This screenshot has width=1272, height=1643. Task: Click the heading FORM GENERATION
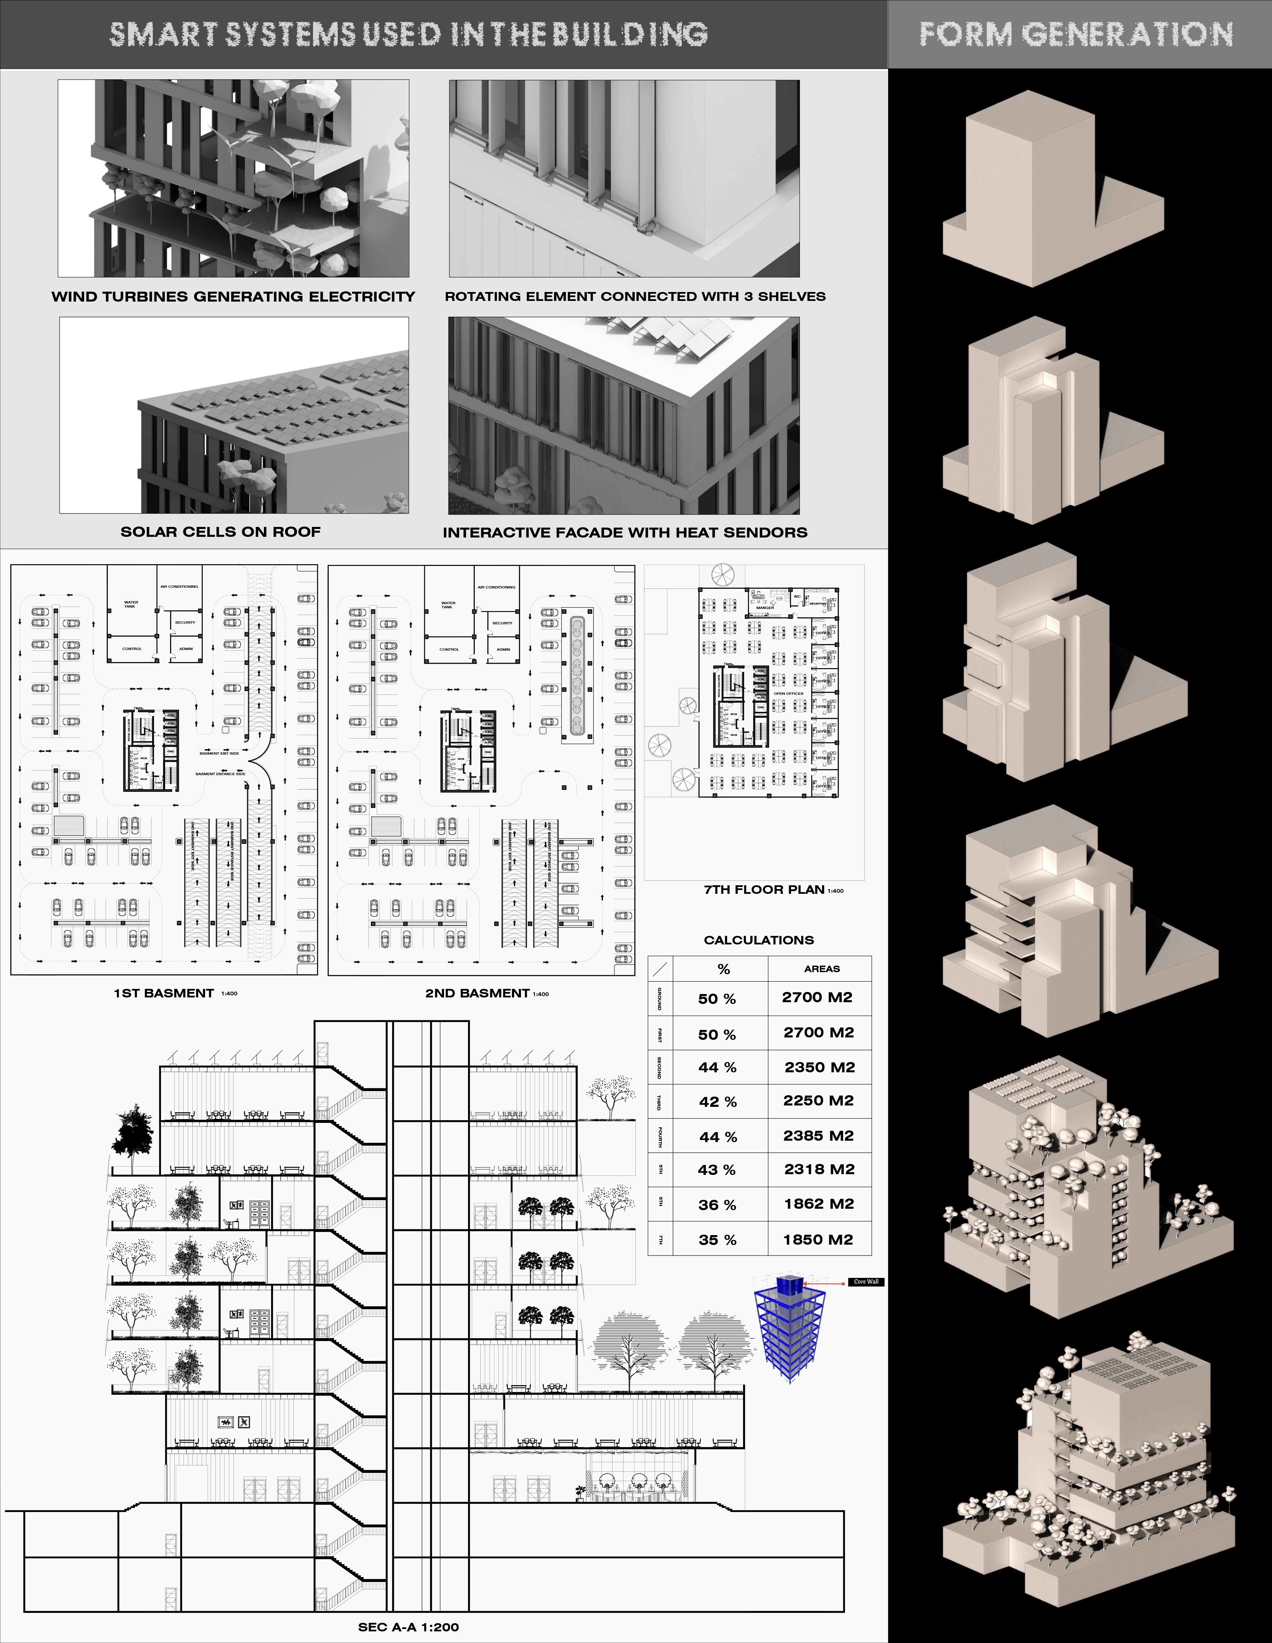click(1076, 35)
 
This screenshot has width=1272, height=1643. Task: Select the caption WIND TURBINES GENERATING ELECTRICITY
click(233, 296)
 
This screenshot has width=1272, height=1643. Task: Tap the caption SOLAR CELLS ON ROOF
click(220, 532)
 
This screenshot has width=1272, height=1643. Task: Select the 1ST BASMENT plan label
click(164, 993)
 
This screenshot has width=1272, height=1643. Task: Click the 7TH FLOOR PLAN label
click(764, 889)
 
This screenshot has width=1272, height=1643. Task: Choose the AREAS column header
click(821, 969)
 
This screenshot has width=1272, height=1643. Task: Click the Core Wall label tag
click(866, 1282)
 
